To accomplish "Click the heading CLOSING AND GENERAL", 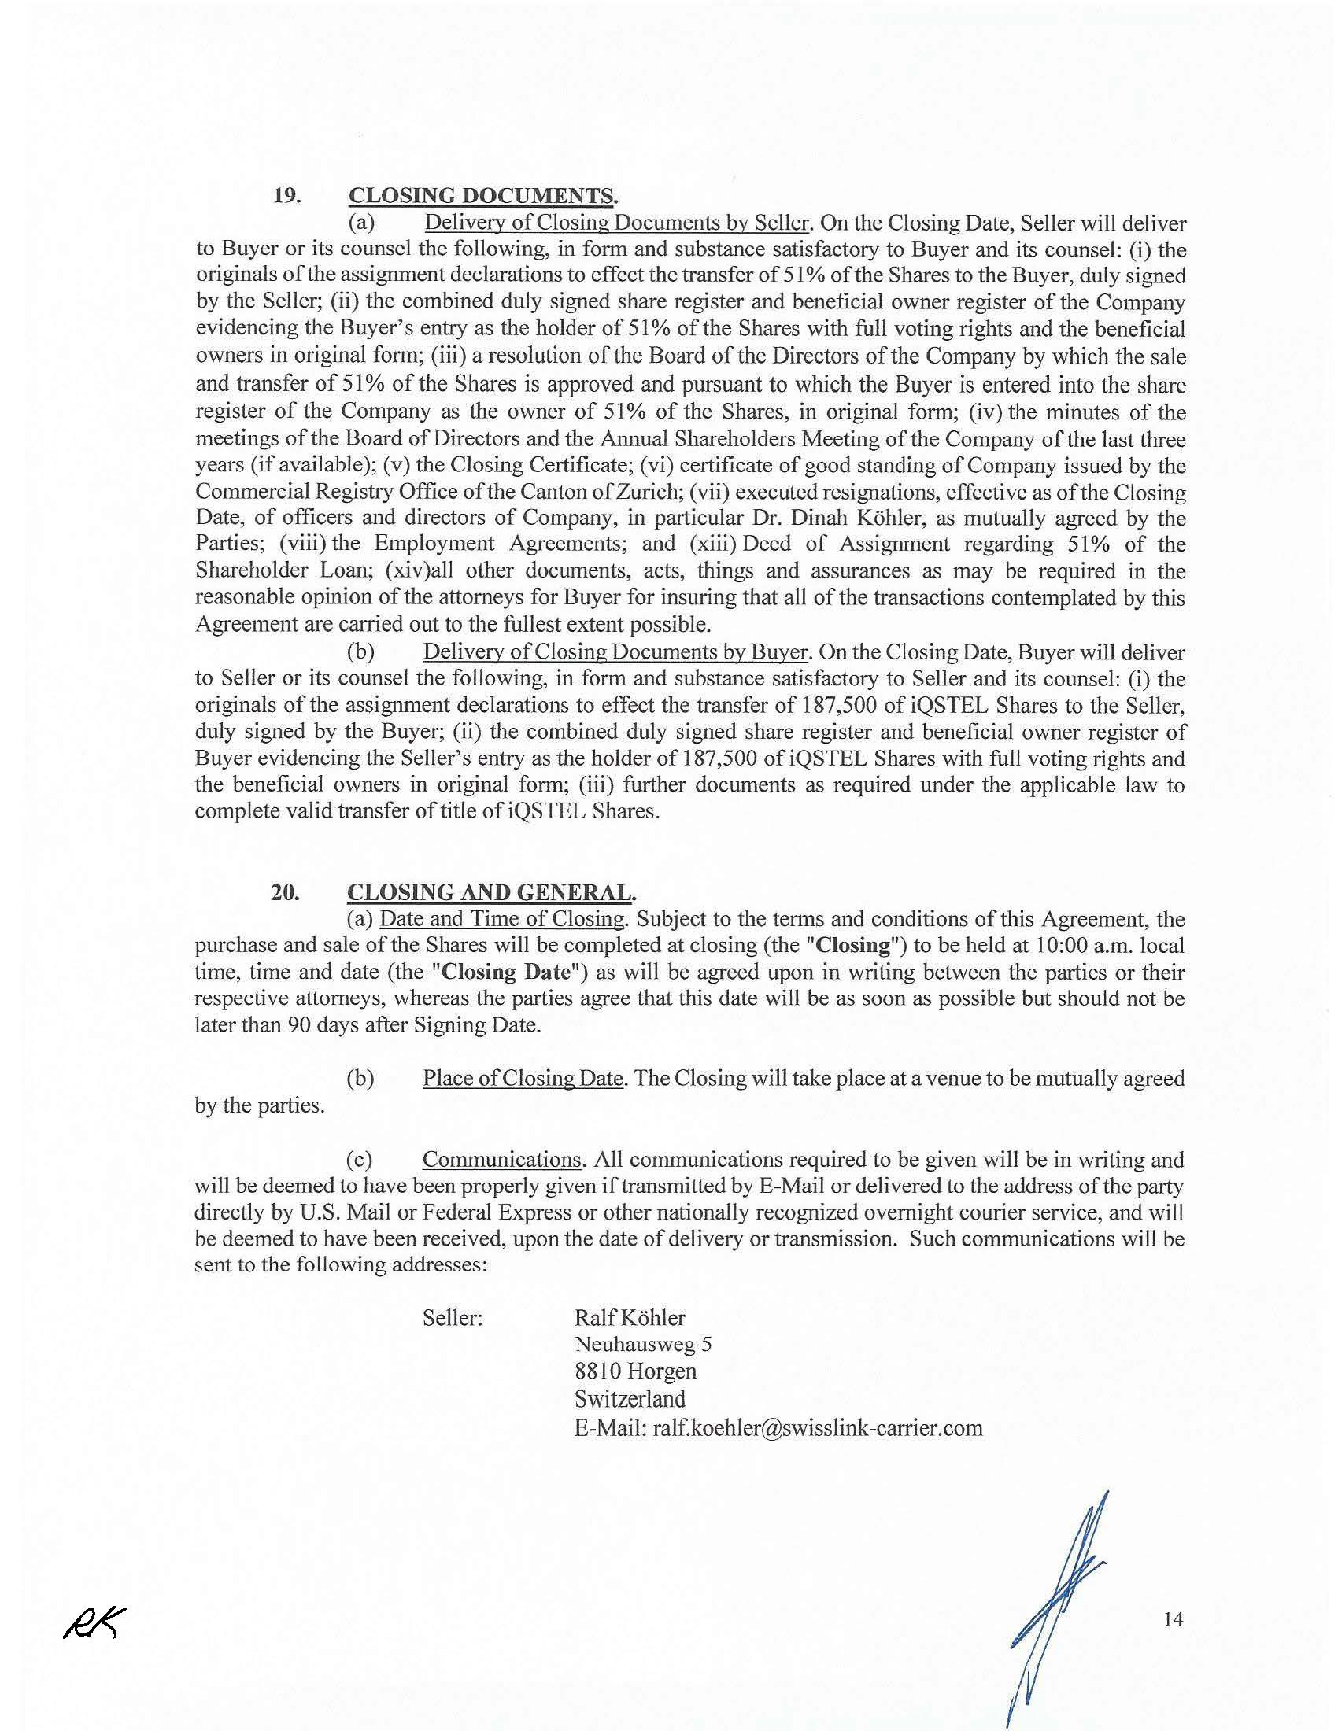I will tap(490, 892).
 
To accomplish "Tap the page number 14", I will tap(1174, 1620).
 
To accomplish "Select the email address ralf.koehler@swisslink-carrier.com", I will tap(817, 1428).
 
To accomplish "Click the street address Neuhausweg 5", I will tap(643, 1344).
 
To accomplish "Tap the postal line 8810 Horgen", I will tap(636, 1371).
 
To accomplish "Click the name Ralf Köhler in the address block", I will tap(630, 1317).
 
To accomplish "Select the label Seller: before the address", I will tap(453, 1318).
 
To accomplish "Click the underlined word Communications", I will tap(503, 1160).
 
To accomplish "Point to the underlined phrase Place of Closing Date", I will tap(523, 1079).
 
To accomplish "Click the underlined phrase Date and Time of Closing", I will tap(502, 919).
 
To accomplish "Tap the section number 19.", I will tap(286, 196).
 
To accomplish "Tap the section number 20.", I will tap(285, 892).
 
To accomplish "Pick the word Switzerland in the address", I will tap(630, 1399).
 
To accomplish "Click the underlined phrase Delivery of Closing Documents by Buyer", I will tap(615, 652).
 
